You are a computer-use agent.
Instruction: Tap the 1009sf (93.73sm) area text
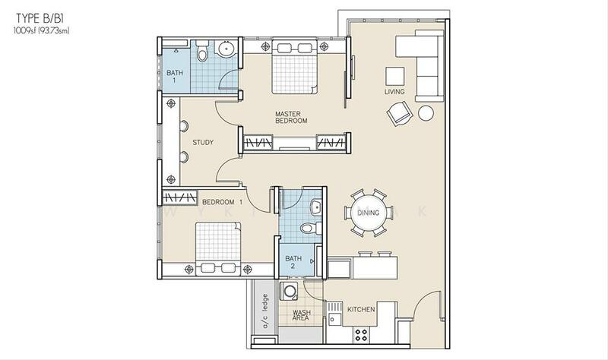click(42, 31)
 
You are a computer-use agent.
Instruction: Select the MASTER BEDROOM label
click(291, 118)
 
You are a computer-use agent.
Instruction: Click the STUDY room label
click(203, 143)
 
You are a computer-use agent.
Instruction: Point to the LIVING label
click(394, 92)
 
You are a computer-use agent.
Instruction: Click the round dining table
click(368, 213)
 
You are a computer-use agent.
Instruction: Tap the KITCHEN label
click(361, 309)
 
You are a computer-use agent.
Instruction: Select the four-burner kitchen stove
click(361, 335)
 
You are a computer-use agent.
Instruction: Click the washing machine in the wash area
click(290, 291)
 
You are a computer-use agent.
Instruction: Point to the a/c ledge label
click(265, 311)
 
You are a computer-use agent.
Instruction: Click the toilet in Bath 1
click(202, 51)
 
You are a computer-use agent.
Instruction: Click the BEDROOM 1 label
click(222, 202)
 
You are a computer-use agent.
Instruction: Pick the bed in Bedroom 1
click(218, 248)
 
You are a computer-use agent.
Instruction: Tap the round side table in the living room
click(426, 113)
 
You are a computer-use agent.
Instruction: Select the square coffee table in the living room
click(395, 77)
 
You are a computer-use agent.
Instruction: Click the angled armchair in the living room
click(399, 113)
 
